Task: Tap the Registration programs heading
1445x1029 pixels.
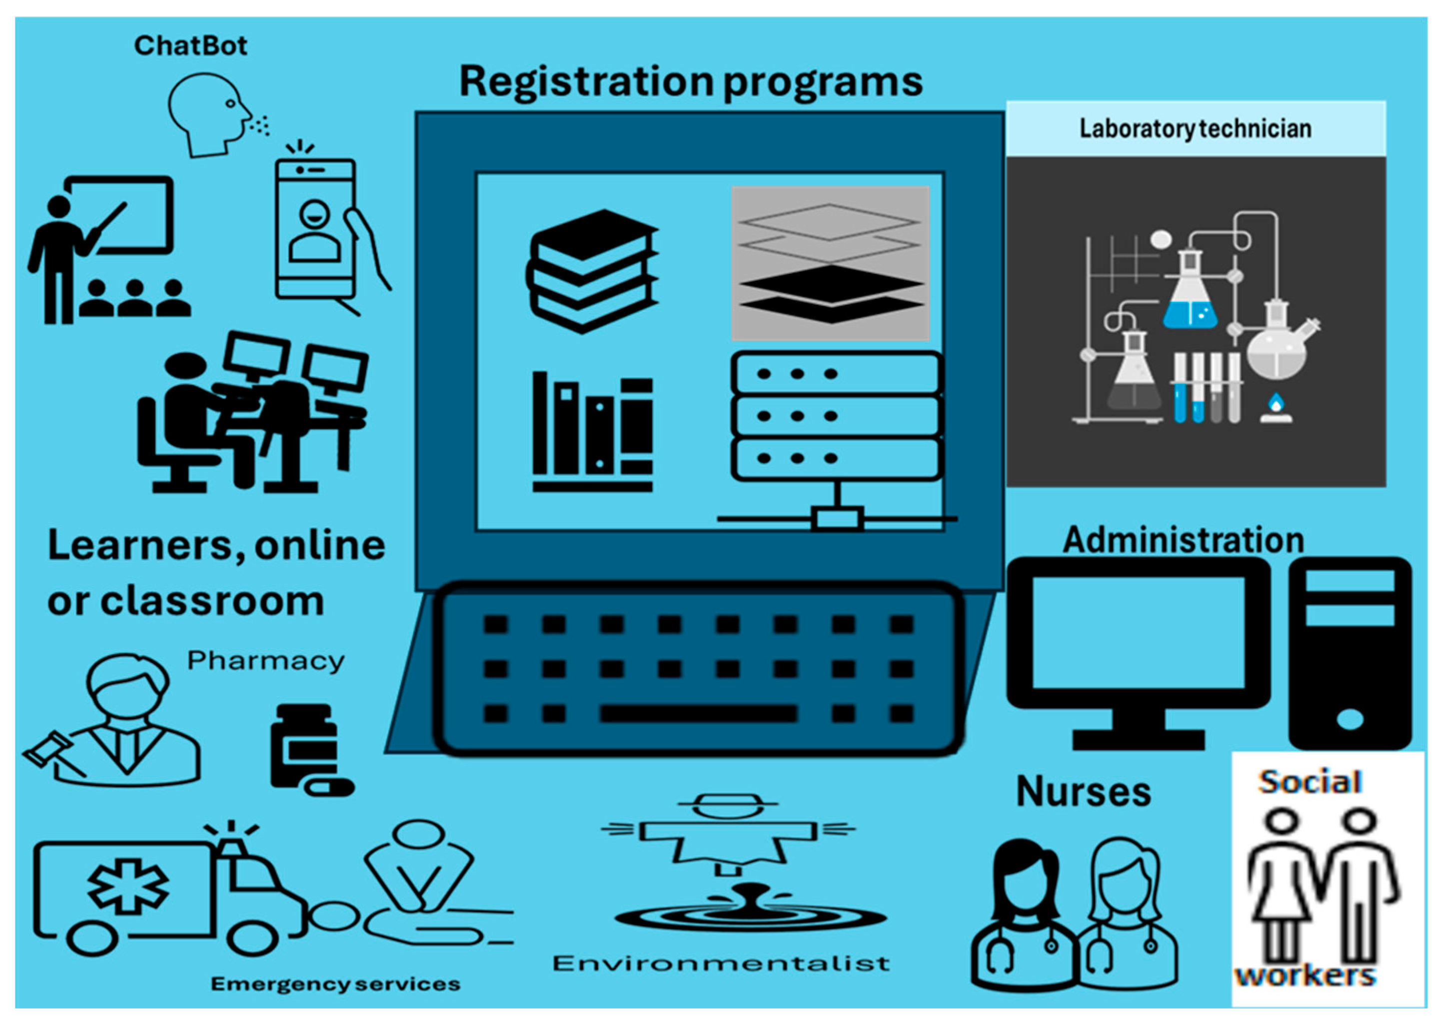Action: tap(690, 82)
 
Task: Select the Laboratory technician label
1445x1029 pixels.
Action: tap(1195, 128)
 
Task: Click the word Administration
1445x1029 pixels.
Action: tap(1183, 540)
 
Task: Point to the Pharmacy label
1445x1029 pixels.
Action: tap(265, 661)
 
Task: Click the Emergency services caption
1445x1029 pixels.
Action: tap(335, 984)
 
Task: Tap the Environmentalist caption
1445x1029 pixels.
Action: tap(721, 964)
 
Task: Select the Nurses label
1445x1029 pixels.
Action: tap(1083, 792)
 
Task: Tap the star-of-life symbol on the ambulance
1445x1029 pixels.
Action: tap(128, 885)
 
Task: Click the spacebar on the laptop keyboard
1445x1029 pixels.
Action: tap(698, 714)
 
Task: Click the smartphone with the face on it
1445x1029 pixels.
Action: tap(315, 228)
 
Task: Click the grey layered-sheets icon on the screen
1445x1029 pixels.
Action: tap(830, 263)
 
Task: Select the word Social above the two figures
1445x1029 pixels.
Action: tap(1310, 782)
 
